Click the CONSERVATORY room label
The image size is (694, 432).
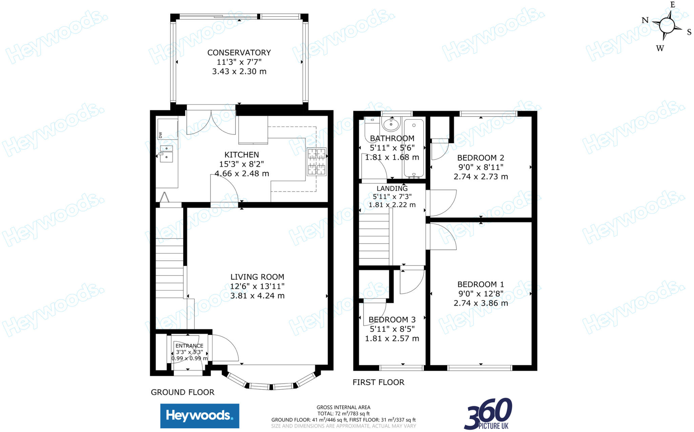(x=239, y=53)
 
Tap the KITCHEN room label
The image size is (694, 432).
(x=242, y=155)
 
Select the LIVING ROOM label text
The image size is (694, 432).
(x=257, y=277)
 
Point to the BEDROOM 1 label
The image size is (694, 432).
(x=481, y=284)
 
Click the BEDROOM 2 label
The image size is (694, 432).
(x=481, y=158)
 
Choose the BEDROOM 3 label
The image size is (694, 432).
(x=392, y=320)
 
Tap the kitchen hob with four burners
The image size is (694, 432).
(x=317, y=162)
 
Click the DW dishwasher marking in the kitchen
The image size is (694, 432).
(x=161, y=135)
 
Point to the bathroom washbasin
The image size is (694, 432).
(x=391, y=124)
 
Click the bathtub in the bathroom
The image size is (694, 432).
(x=413, y=148)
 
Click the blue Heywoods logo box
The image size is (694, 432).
(x=200, y=416)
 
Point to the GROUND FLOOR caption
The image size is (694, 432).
(x=182, y=392)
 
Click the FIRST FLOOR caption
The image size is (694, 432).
(x=378, y=382)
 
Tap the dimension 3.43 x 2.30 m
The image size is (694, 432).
(x=239, y=72)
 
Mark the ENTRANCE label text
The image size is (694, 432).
(x=189, y=346)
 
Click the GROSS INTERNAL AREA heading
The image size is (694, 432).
(x=343, y=407)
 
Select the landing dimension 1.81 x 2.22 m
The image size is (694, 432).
(x=392, y=205)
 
